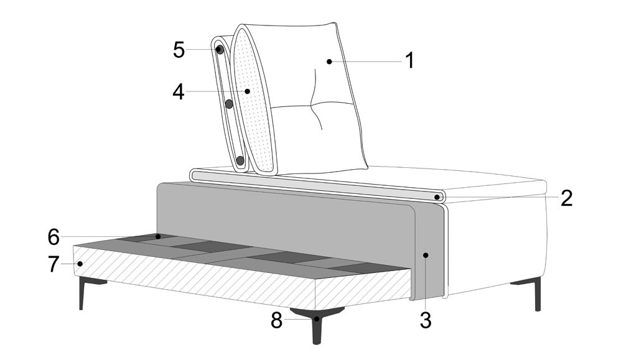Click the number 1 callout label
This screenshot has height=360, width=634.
click(409, 60)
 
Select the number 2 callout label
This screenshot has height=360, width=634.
click(566, 198)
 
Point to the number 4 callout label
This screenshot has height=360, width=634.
click(179, 92)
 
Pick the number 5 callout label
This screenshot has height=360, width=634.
click(179, 50)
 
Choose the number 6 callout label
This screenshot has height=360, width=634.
click(54, 237)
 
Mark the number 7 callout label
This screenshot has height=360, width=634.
click(54, 264)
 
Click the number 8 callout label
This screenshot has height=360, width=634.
click(277, 320)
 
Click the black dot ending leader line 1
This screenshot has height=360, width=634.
click(330, 62)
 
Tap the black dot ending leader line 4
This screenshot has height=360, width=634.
click(248, 91)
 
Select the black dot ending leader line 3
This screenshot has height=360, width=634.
click(426, 255)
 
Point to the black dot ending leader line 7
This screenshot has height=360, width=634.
click(80, 264)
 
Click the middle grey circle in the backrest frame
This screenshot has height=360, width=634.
click(229, 104)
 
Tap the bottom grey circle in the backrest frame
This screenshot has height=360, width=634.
click(240, 161)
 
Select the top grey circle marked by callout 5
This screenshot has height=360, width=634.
click(220, 50)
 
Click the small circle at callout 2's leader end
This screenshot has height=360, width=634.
click(437, 197)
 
